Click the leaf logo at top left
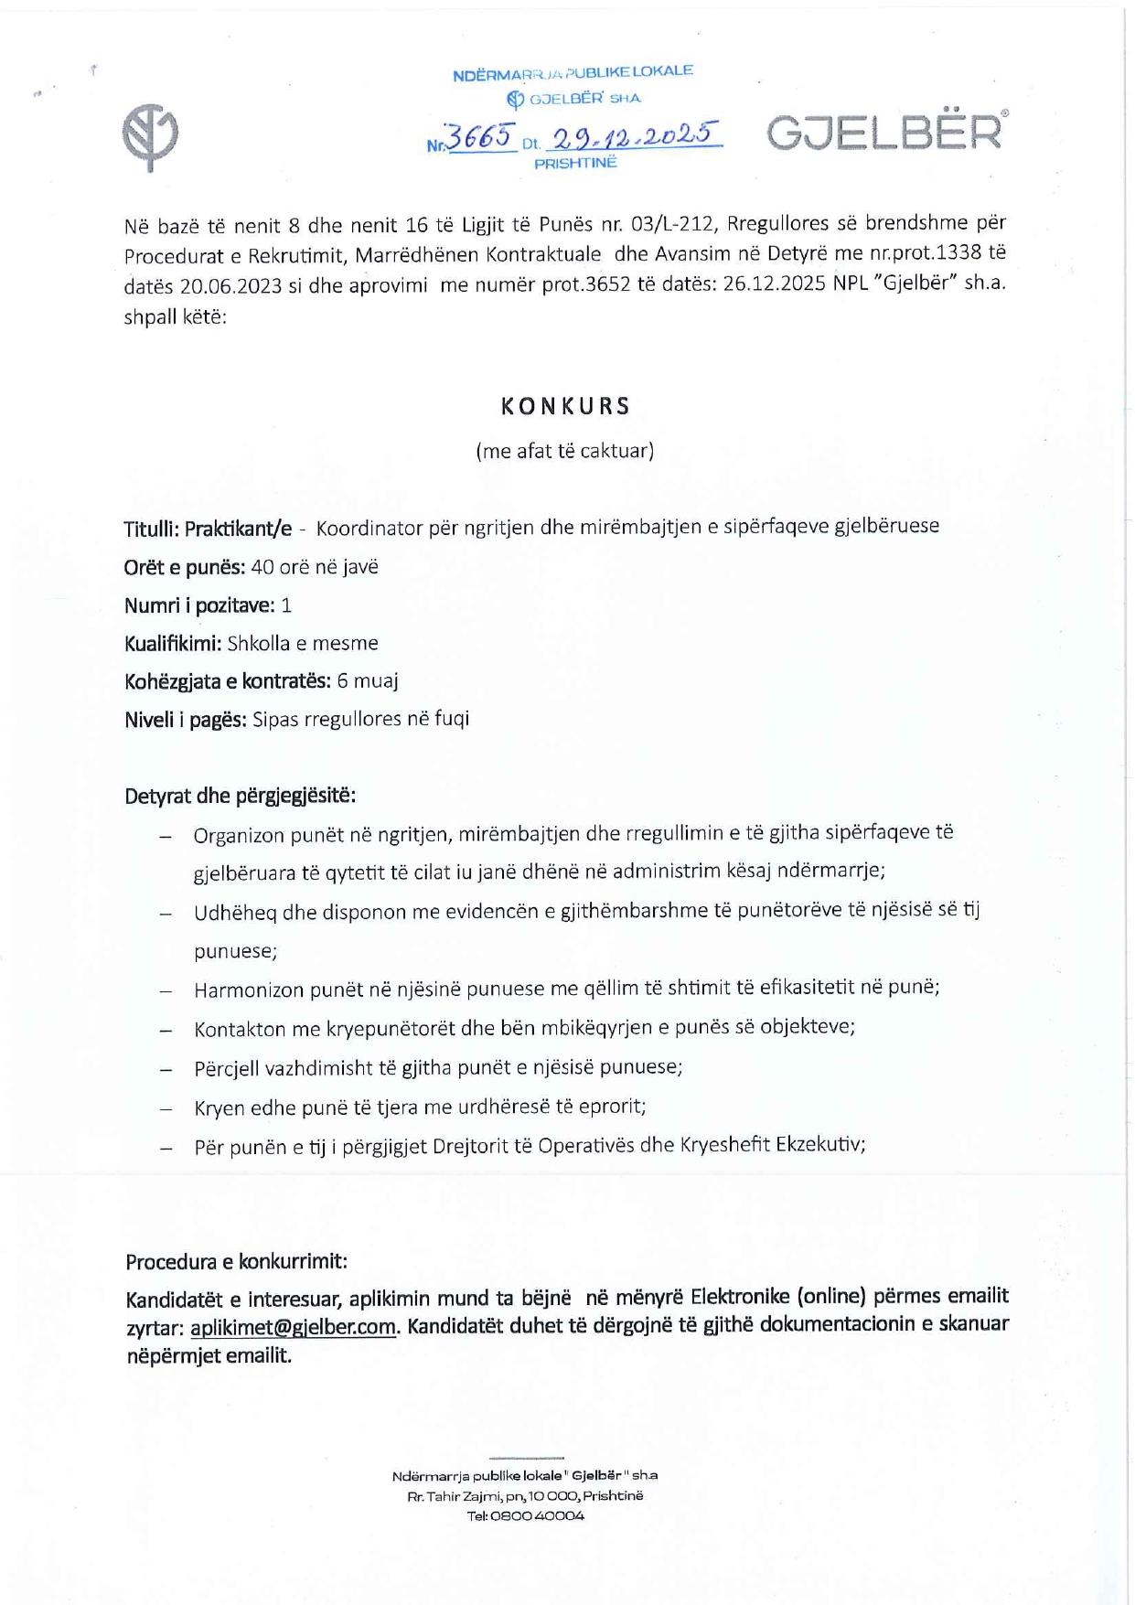click(150, 137)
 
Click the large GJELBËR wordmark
click(885, 134)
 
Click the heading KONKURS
click(566, 407)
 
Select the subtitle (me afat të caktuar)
click(565, 451)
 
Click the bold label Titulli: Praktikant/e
click(209, 529)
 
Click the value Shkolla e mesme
click(303, 644)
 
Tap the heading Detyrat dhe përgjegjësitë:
click(241, 796)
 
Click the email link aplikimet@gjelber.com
click(294, 1327)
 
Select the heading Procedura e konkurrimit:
click(237, 1262)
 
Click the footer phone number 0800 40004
click(537, 1515)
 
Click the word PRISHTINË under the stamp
click(575, 164)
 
